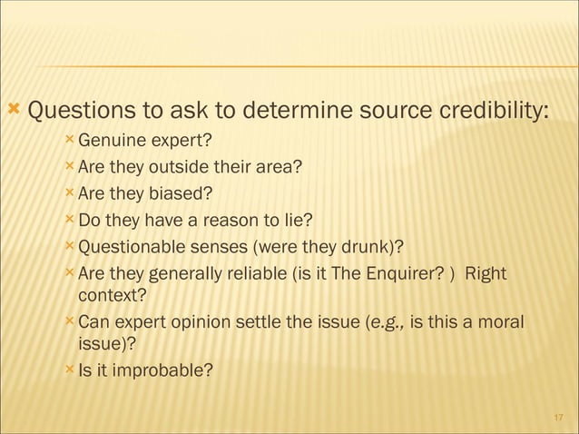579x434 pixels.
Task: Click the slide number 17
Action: (x=559, y=418)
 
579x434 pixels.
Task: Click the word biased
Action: (x=187, y=193)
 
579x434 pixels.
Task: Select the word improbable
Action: (x=162, y=370)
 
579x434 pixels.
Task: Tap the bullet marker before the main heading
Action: (x=13, y=111)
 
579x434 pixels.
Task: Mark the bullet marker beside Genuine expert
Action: (x=70, y=140)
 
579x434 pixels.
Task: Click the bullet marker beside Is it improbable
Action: (x=70, y=369)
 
